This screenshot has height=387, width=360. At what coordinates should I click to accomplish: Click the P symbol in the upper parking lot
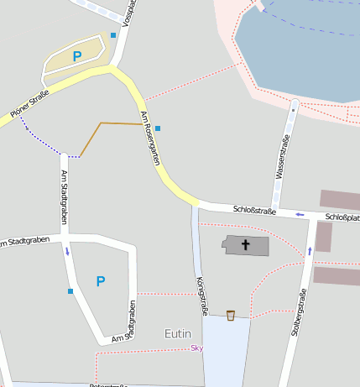click(x=77, y=56)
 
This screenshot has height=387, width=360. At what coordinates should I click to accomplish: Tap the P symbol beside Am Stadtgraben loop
click(x=101, y=281)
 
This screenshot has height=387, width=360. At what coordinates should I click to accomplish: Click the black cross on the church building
click(x=246, y=245)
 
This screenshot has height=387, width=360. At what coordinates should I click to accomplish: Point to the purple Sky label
click(x=197, y=348)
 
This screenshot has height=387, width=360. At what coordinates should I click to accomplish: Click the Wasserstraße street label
click(x=282, y=158)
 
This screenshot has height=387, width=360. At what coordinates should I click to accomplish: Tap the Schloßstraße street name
click(x=254, y=209)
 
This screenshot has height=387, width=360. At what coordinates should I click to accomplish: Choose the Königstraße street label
click(x=201, y=295)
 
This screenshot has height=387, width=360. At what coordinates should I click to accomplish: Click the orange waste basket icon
click(x=231, y=315)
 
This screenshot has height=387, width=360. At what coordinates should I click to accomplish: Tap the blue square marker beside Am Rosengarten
click(x=158, y=128)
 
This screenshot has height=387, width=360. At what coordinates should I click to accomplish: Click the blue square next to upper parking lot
click(x=113, y=35)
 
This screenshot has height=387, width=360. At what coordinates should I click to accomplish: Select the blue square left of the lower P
click(x=70, y=291)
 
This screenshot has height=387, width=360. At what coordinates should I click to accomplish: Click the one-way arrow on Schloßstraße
click(x=300, y=214)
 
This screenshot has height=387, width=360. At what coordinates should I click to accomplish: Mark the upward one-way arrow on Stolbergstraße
click(x=310, y=250)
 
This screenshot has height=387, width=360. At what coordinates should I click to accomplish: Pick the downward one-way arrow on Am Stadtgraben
click(x=67, y=250)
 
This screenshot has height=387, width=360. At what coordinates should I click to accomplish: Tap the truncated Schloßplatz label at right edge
click(x=342, y=217)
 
